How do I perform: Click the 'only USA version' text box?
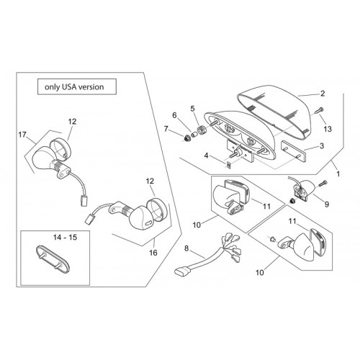tap(77, 86)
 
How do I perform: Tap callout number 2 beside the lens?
tap(323, 94)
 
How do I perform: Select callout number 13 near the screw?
tap(328, 129)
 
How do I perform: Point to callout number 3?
tap(322, 145)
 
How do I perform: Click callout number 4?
tap(206, 156)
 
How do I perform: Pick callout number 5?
tap(192, 109)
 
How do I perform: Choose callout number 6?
tap(174, 115)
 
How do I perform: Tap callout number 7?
tap(166, 129)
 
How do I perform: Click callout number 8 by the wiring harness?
tap(186, 248)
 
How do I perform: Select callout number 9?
tap(327, 204)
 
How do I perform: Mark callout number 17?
tap(22, 135)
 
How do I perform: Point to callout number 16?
tap(153, 253)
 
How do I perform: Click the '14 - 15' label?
tap(65, 238)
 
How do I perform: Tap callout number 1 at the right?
tap(338, 174)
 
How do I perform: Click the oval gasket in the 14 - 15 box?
tap(53, 260)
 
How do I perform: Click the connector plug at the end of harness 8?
tap(182, 272)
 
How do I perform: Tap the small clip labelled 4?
tap(229, 166)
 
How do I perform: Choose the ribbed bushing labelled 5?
tap(201, 131)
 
